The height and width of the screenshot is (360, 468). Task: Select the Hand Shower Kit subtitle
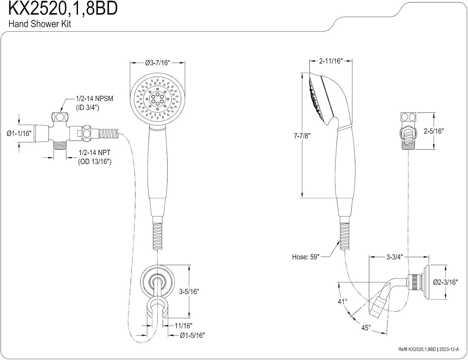click(x=40, y=24)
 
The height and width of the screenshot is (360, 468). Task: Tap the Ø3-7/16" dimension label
click(x=157, y=63)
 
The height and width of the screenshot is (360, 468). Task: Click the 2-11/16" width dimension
click(x=331, y=61)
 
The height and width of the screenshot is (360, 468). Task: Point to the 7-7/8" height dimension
click(x=302, y=136)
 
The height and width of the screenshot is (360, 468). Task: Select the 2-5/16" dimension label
click(x=433, y=131)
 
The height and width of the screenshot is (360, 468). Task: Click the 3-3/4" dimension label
click(x=395, y=257)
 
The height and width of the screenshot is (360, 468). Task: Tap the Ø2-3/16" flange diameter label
click(x=445, y=282)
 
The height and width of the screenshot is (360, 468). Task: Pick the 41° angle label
click(x=342, y=301)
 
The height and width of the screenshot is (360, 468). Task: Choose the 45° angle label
click(x=366, y=328)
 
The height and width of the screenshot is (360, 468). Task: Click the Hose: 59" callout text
click(x=306, y=257)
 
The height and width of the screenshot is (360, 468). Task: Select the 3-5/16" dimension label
click(x=189, y=291)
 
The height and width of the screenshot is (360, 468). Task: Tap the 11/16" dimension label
click(x=183, y=326)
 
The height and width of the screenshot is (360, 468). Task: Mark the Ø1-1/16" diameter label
click(x=19, y=134)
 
